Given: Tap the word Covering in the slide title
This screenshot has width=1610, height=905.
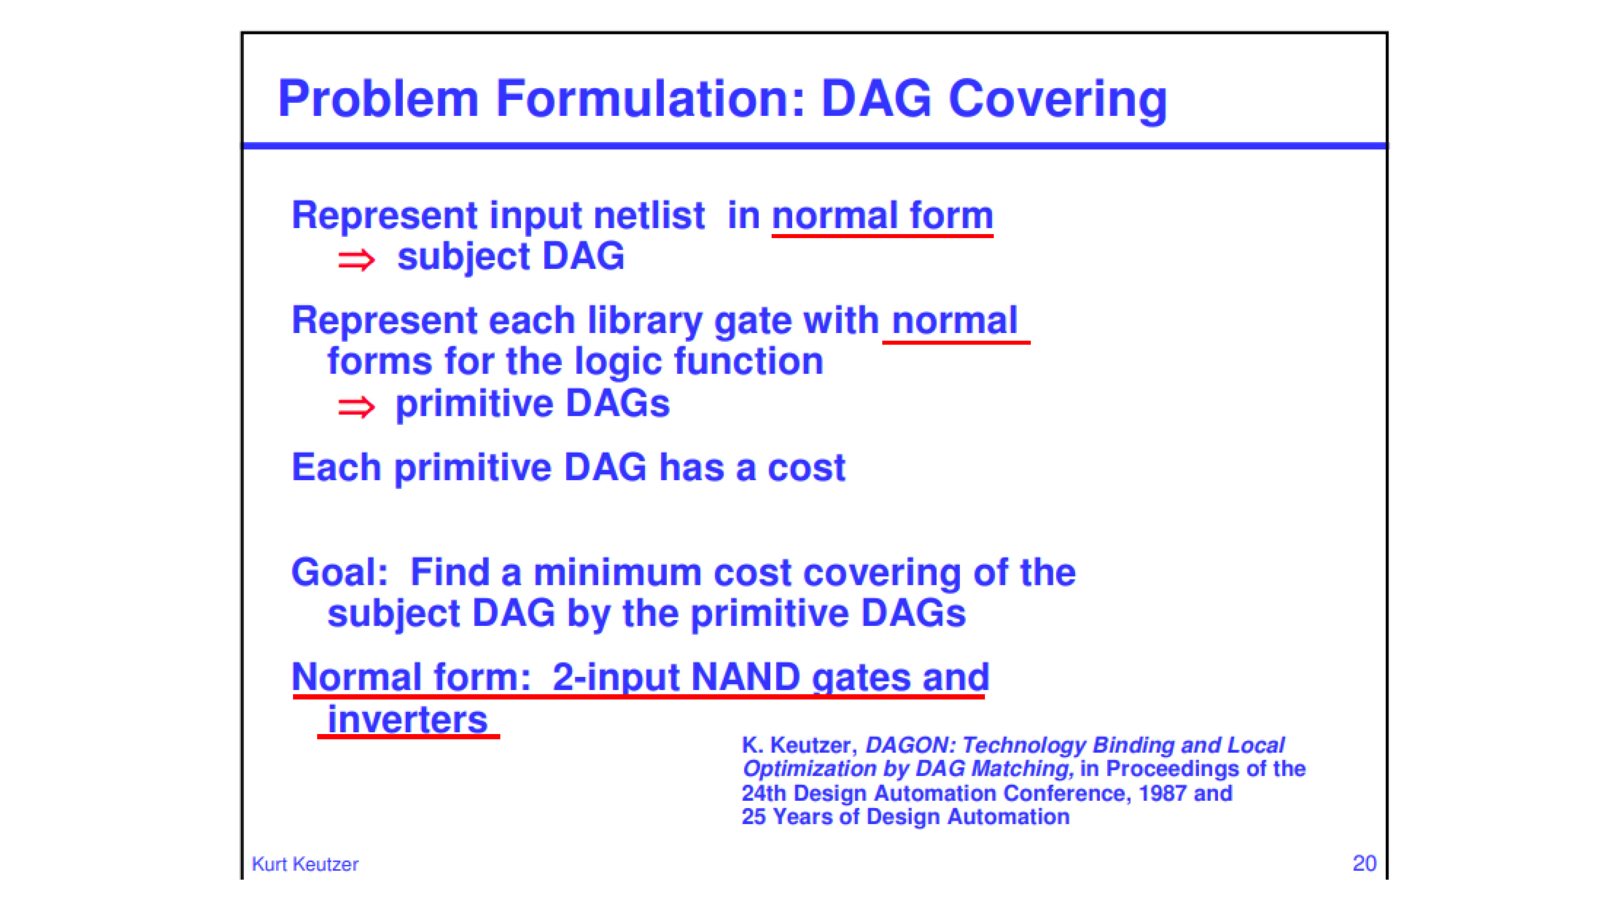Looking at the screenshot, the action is tap(1057, 100).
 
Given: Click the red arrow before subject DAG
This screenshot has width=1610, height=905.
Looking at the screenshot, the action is tap(356, 260).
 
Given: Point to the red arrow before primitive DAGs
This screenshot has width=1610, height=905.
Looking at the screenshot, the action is tap(356, 407).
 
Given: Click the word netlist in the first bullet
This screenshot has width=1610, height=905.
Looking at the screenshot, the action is tap(649, 216).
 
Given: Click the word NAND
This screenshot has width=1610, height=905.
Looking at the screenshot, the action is tap(745, 677).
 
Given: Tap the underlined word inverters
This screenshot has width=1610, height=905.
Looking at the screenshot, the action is tap(407, 720).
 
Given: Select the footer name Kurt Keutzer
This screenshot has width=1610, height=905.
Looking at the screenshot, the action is tap(305, 864).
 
